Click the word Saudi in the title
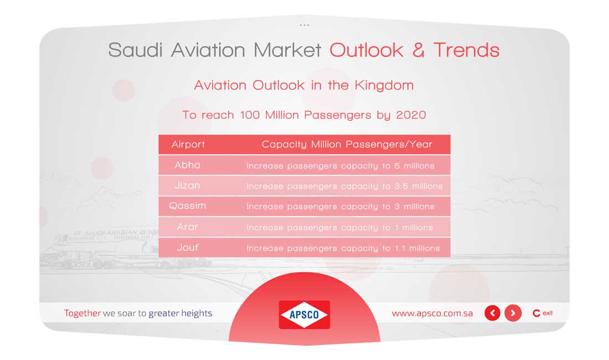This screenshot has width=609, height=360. click(x=135, y=50)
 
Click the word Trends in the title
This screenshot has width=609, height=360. click(x=467, y=50)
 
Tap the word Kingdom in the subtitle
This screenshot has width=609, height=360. click(x=384, y=85)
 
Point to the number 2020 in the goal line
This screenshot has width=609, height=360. click(x=411, y=115)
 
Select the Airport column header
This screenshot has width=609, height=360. click(x=188, y=145)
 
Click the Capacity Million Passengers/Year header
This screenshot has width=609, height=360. click(x=347, y=145)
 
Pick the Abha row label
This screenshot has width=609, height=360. click(x=187, y=165)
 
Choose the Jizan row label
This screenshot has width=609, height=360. click(x=187, y=186)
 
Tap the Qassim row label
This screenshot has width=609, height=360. click(x=187, y=206)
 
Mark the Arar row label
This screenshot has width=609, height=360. click(x=188, y=227)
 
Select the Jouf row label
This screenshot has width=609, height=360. click(x=188, y=248)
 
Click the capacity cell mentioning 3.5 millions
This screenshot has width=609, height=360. click(x=344, y=187)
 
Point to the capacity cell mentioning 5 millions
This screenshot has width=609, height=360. click(x=340, y=166)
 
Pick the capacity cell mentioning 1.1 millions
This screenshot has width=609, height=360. click(x=343, y=248)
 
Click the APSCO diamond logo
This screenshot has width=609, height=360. click(x=304, y=315)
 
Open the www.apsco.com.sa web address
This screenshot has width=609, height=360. click(x=432, y=313)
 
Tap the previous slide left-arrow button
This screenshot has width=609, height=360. click(x=493, y=313)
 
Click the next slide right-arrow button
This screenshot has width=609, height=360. click(x=513, y=313)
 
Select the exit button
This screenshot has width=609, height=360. click(x=543, y=313)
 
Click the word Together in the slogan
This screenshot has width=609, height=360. click(x=82, y=313)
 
